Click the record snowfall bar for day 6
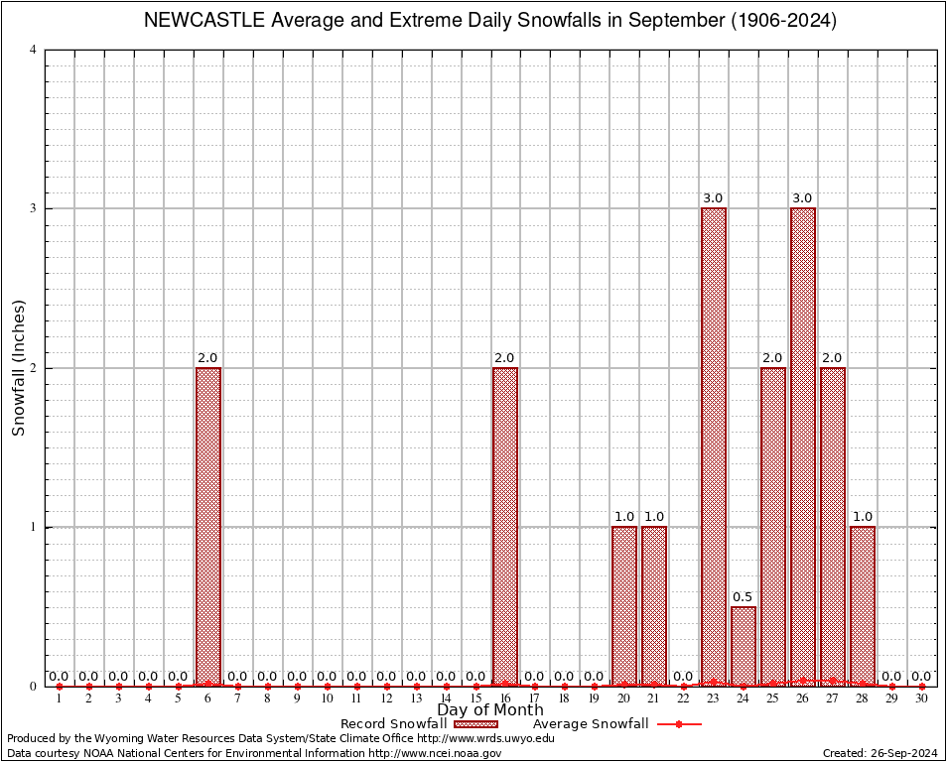(208, 526)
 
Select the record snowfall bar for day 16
(505, 526)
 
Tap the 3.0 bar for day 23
(714, 446)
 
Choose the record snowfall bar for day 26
(803, 446)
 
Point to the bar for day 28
(863, 605)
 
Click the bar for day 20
(624, 605)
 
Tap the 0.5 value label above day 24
(743, 597)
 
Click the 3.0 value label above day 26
(802, 198)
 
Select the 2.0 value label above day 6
(207, 358)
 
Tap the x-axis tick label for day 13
(416, 699)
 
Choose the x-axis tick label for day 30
(921, 699)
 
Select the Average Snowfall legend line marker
(678, 724)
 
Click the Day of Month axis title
(489, 710)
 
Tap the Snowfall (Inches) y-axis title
(18, 367)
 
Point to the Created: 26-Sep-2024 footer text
(879, 753)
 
